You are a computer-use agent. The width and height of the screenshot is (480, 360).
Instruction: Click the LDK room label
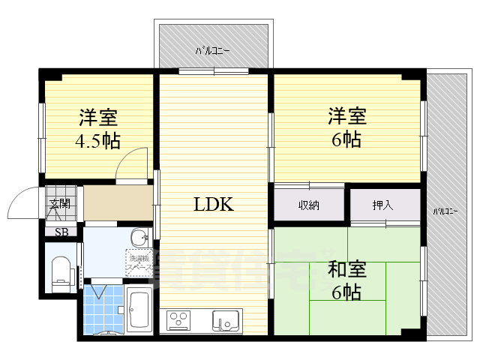(x=214, y=203)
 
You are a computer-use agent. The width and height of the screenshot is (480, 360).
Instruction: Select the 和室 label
(x=346, y=268)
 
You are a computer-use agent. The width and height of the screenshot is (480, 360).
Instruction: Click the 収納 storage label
(x=307, y=205)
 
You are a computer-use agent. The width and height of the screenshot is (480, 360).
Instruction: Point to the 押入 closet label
(x=382, y=205)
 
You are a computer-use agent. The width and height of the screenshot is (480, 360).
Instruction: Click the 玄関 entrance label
(x=59, y=204)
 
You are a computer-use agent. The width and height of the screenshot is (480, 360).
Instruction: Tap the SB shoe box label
(x=61, y=232)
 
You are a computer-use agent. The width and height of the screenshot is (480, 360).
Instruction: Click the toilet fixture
(x=60, y=271)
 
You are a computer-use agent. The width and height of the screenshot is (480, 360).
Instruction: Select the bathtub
(x=139, y=308)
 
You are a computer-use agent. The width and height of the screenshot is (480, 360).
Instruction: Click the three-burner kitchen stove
(x=180, y=321)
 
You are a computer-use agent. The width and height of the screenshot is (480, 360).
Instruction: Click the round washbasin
(x=139, y=239)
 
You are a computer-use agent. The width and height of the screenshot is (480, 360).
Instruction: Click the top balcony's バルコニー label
(x=213, y=51)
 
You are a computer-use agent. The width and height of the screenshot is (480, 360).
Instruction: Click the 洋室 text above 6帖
(x=346, y=117)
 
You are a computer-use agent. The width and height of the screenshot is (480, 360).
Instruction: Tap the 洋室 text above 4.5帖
(x=97, y=118)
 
